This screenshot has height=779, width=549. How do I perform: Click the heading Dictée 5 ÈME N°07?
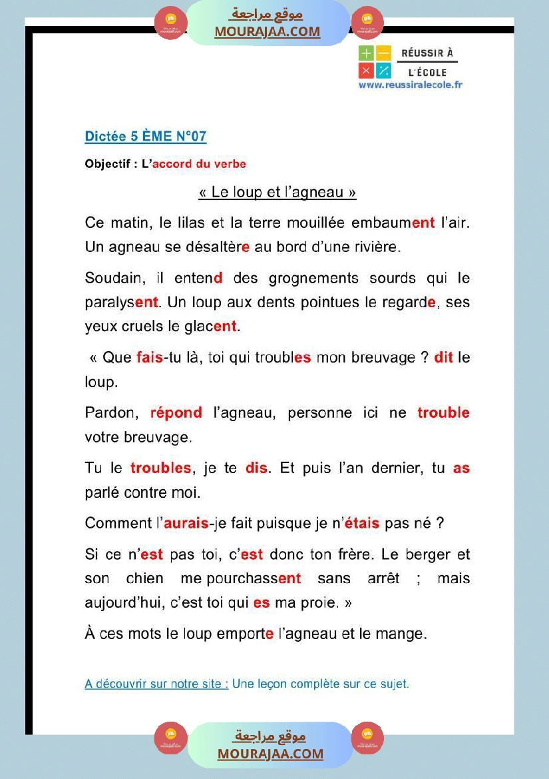(x=146, y=137)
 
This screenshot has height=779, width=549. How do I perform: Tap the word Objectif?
(x=107, y=164)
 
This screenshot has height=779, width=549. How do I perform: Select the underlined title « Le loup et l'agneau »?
(x=277, y=193)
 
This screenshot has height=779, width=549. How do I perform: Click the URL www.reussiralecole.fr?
(x=410, y=85)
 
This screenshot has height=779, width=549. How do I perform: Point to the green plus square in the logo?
(x=366, y=54)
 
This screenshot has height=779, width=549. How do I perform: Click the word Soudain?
(x=110, y=278)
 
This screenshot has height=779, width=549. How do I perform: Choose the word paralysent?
(x=122, y=303)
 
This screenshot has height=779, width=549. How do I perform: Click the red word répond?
(x=176, y=412)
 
